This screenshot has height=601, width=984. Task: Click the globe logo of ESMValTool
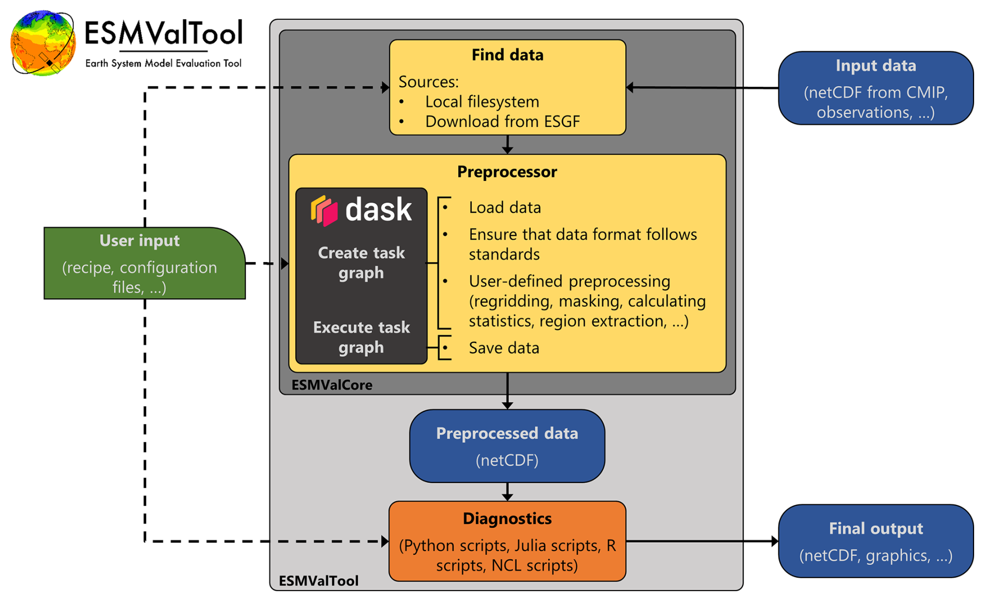coord(43,43)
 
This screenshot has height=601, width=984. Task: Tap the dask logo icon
coord(325,211)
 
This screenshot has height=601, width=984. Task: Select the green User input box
coord(144,263)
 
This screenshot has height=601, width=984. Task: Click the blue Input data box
coord(875,88)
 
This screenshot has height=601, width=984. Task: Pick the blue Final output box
coord(875,541)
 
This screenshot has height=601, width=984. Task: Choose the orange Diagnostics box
coord(507,541)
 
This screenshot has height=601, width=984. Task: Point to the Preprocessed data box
coord(507,446)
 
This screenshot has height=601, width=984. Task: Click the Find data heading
coord(507,55)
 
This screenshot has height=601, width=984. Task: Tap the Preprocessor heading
coord(507,172)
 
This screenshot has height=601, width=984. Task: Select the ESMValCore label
coord(332,385)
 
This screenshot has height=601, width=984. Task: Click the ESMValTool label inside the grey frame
coord(318,581)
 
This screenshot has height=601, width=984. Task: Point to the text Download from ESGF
coord(502,122)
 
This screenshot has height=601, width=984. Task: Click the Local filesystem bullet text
coord(482,102)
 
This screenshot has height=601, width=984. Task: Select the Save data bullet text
coord(503,348)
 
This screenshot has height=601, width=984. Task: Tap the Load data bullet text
coord(504,207)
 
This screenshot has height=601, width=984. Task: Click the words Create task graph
coord(361,263)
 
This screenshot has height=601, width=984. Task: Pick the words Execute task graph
coord(361,337)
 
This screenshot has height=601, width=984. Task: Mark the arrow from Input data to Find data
coord(702,88)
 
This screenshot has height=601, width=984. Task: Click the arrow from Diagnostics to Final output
coord(702,541)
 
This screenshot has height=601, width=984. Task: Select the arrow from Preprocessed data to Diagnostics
coord(507,492)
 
